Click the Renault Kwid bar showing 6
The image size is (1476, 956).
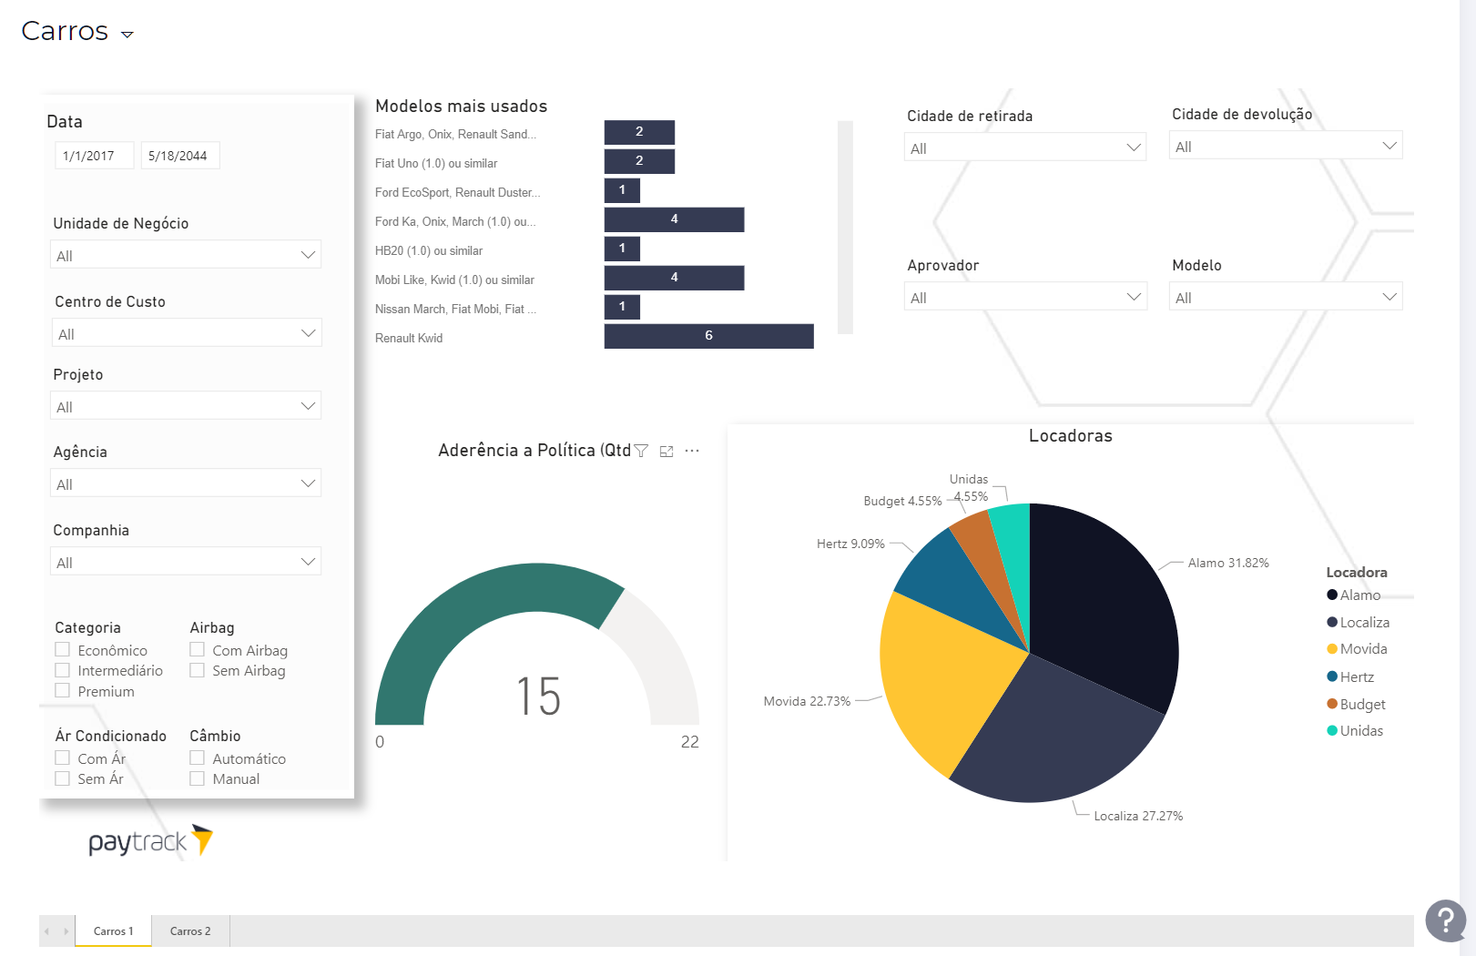coord(708,336)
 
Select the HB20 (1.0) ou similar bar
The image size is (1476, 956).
coord(622,249)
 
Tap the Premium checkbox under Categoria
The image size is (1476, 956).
coord(63,691)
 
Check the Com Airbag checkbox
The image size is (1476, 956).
coord(197,650)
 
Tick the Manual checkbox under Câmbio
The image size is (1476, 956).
coord(197,778)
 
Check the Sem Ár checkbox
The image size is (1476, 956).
coord(63,778)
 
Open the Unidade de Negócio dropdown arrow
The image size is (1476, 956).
coord(308,255)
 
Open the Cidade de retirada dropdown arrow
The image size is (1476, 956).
coord(1134,147)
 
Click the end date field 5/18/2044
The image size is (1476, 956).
coord(178,156)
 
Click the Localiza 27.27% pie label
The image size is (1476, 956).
coord(1137,816)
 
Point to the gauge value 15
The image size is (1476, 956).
coord(538,697)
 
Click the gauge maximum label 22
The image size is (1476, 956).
coord(689,742)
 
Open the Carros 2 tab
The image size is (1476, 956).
coord(190,931)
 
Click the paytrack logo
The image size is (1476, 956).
coord(150,841)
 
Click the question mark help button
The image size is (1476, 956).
coord(1445,920)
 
